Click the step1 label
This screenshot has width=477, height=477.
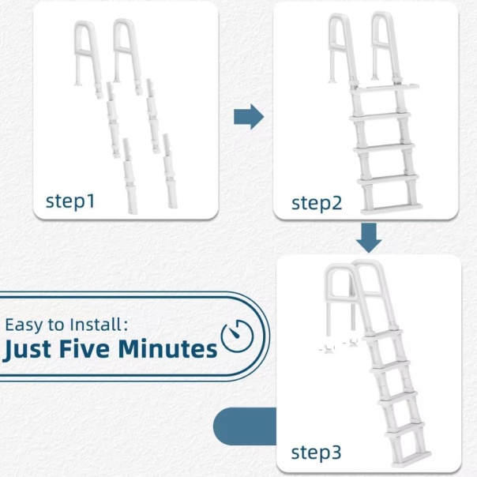pyautogui.click(x=70, y=201)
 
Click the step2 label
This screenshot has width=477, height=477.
pyautogui.click(x=317, y=203)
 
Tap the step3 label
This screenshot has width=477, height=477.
pyautogui.click(x=316, y=453)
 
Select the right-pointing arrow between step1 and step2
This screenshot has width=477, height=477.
pyautogui.click(x=249, y=117)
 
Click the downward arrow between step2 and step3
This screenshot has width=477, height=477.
pyautogui.click(x=369, y=238)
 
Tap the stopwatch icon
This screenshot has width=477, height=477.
pyautogui.click(x=237, y=336)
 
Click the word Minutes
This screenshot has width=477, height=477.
pyautogui.click(x=167, y=348)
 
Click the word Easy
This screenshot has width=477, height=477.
pyautogui.click(x=24, y=325)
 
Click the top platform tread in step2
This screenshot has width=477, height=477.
pyautogui.click(x=385, y=88)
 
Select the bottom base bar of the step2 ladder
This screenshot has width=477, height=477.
pyautogui.click(x=391, y=208)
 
